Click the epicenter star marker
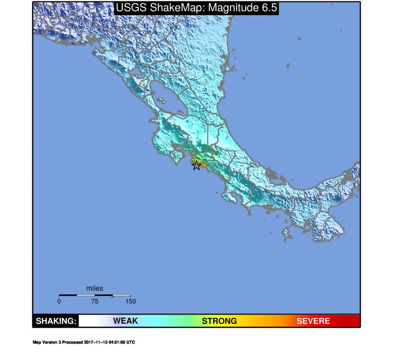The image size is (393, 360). click(196, 165)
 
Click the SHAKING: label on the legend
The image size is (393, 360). click(55, 321)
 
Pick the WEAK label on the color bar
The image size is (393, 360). click(125, 321)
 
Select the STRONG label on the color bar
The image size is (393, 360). click(219, 321)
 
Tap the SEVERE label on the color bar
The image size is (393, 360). click(313, 321)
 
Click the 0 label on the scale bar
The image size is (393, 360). click(59, 301)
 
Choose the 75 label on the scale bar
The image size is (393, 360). click(95, 301)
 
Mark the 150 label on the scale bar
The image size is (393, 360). click(130, 301)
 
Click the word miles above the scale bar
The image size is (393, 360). click(95, 289)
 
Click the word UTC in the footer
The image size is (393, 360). click(131, 342)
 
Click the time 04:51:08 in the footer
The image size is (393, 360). click(117, 342)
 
